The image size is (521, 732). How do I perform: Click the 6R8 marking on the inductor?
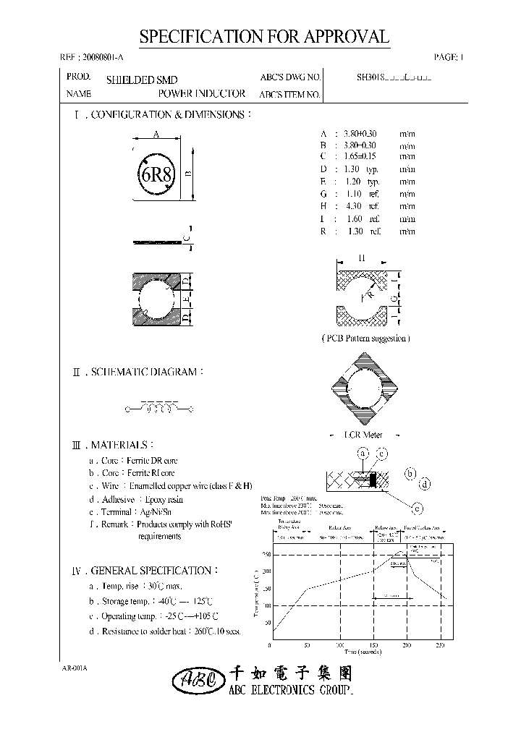click(154, 174)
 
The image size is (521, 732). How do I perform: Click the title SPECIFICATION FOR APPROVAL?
click(263, 38)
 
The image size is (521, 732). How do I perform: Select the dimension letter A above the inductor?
click(156, 134)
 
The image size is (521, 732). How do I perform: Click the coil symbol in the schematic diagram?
click(159, 410)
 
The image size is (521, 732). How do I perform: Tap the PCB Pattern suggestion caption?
click(365, 338)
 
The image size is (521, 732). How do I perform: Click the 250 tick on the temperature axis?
click(266, 555)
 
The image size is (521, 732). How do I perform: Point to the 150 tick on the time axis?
click(373, 644)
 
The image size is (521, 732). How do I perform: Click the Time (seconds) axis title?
click(359, 652)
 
